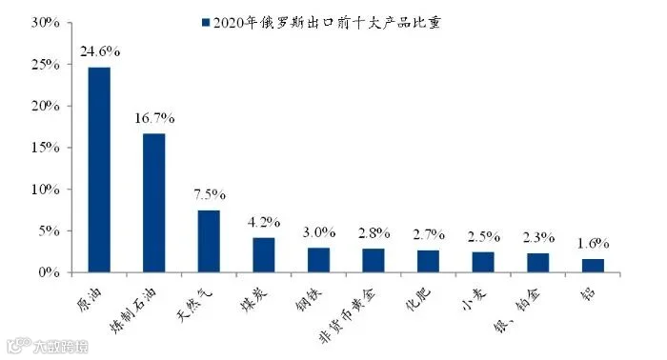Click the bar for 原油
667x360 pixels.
click(99, 170)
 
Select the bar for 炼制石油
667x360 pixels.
click(154, 203)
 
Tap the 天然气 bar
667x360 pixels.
click(209, 241)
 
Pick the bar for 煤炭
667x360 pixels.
click(264, 254)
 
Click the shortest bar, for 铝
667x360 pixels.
click(593, 266)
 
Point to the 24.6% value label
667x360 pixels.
click(100, 51)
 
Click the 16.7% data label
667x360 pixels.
click(154, 118)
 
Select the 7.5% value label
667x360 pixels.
click(210, 194)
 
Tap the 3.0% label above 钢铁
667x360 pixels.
click(319, 232)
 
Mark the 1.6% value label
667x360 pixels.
click(593, 243)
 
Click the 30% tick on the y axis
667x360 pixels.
click(45, 23)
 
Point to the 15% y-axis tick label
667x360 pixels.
click(45, 148)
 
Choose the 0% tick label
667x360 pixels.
click(49, 272)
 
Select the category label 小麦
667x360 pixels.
click(474, 301)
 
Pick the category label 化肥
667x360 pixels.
click(418, 300)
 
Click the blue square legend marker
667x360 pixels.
click(206, 23)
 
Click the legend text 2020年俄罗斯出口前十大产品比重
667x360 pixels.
click(327, 23)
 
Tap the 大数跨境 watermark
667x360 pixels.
click(61, 347)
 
